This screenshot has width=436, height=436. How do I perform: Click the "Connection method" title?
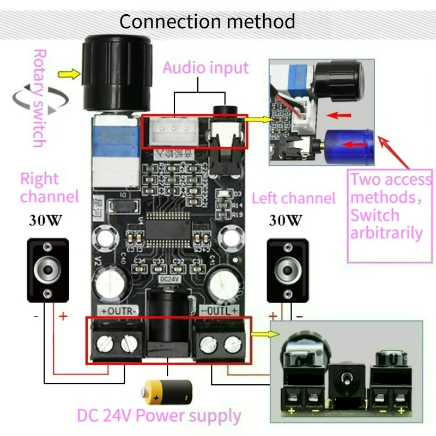pos(207,22)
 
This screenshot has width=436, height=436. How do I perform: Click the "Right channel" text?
pos(49,187)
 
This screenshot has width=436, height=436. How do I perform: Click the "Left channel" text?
pos(293,198)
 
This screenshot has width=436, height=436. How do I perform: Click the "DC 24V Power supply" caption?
pos(159,416)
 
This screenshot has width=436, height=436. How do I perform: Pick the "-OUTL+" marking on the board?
pos(219,311)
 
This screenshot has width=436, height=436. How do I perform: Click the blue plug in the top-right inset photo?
pos(349,147)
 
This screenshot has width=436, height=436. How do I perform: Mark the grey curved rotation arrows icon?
pos(41,98)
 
